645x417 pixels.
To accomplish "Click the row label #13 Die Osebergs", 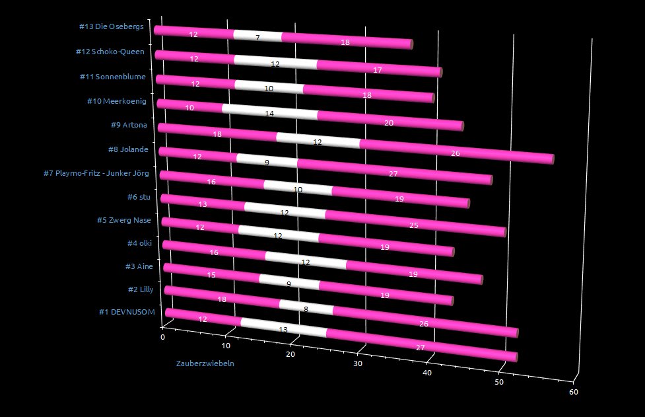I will (x=111, y=27).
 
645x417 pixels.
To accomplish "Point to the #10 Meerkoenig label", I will (x=116, y=101).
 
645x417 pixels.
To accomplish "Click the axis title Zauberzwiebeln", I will (x=205, y=363).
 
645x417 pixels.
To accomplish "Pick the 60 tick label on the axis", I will (x=574, y=392).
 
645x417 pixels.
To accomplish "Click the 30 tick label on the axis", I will (x=358, y=363).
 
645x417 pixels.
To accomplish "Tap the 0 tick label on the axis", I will (x=163, y=337).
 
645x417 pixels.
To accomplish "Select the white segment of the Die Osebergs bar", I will (x=257, y=36).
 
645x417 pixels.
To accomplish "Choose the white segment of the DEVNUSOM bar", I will (x=283, y=327).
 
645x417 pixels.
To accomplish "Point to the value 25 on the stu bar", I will (x=415, y=225).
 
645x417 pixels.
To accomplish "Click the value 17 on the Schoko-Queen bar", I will (x=378, y=69).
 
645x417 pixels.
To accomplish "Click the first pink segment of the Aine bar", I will (x=211, y=274).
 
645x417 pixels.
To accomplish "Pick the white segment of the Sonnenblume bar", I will (x=269, y=87).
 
